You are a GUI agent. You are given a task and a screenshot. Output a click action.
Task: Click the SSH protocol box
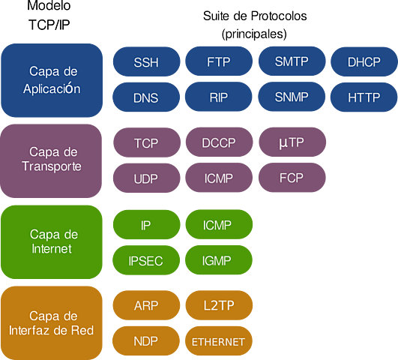click(x=146, y=62)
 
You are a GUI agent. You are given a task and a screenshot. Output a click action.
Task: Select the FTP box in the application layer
click(x=219, y=62)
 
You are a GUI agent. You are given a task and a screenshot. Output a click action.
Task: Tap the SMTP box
click(x=292, y=62)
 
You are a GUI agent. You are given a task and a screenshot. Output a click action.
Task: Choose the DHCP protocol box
click(x=364, y=62)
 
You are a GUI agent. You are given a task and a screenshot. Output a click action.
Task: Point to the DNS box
click(x=146, y=97)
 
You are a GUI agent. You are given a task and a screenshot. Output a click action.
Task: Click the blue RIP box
click(x=219, y=97)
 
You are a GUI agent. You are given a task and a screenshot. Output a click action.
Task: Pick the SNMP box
click(x=292, y=97)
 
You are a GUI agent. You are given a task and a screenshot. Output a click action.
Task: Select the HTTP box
click(x=364, y=97)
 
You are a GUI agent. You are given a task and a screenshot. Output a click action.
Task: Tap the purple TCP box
click(x=146, y=142)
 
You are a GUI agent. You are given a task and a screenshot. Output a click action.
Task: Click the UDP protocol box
click(x=146, y=179)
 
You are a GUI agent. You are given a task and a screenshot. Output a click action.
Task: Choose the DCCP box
click(x=219, y=142)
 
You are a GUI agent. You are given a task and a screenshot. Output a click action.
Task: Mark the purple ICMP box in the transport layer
click(x=219, y=179)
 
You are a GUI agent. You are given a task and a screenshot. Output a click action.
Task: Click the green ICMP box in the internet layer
click(x=219, y=224)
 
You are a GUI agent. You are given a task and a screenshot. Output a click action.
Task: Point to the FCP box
click(x=292, y=179)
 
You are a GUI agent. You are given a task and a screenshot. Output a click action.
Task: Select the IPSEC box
click(x=146, y=261)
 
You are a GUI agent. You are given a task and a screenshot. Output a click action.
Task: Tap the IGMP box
click(x=219, y=261)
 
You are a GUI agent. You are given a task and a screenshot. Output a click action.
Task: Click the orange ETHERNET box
click(x=219, y=342)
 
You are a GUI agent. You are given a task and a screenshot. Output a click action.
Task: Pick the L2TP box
click(x=219, y=305)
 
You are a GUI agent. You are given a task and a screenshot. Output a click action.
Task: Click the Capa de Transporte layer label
click(x=52, y=160)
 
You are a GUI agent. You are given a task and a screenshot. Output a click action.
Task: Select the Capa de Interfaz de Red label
click(x=52, y=322)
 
